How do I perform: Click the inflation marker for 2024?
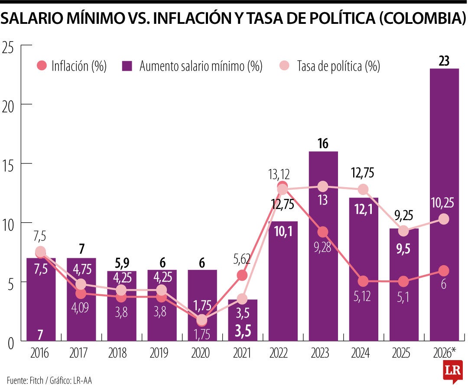[363, 281]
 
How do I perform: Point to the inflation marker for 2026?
[443, 270]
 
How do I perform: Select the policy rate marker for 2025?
[403, 231]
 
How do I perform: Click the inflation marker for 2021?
[242, 275]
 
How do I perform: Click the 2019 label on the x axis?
[161, 354]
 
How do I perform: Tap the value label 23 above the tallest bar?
[444, 62]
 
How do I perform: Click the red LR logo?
[452, 371]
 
